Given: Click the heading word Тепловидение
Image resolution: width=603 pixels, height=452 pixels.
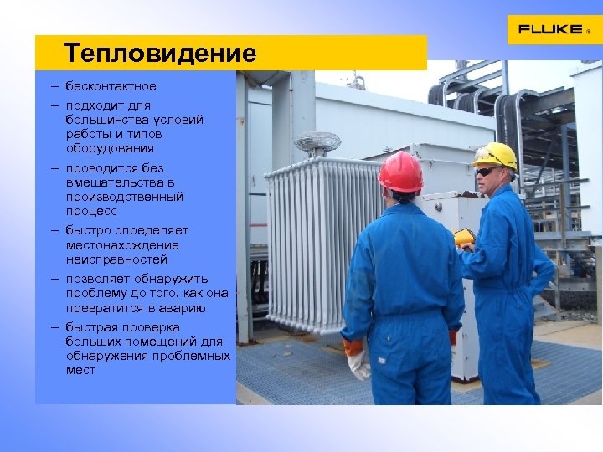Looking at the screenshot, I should [160, 54].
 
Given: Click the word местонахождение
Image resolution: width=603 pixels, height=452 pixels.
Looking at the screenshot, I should [122, 245].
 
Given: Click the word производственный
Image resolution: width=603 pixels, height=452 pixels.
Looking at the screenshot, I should [125, 197].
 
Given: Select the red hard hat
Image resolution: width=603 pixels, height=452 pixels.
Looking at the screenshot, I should [400, 172].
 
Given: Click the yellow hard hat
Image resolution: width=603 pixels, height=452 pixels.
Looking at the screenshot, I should [495, 155].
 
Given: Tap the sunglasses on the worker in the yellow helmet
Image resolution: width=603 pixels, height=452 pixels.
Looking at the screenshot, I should [487, 172].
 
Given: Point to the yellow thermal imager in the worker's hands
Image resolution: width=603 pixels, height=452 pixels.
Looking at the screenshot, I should [463, 238].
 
